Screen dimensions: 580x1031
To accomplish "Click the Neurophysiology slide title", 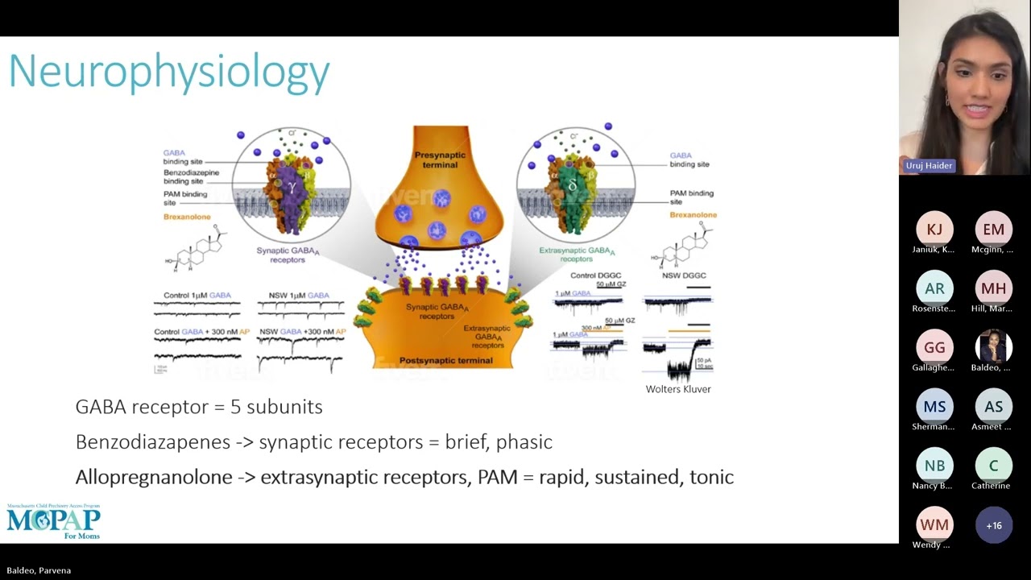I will coord(169,72).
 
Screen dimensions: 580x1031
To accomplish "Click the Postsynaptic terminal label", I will coord(445,360).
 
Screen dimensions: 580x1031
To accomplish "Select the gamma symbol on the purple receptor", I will coord(292,187).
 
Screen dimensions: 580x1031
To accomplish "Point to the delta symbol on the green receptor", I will coord(573,185).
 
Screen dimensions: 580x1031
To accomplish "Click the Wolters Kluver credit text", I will coord(677,389).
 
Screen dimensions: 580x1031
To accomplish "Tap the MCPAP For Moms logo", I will coord(54,521).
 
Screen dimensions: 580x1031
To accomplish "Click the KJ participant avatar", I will coord(934,230).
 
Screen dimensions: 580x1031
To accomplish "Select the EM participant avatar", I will coord(993,230).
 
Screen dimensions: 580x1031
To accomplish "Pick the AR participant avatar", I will coord(934,288).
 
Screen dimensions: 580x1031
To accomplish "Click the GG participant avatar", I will coord(934,347).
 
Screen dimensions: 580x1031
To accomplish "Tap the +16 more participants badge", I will coord(993,525).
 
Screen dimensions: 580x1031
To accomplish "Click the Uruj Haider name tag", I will coord(929,165).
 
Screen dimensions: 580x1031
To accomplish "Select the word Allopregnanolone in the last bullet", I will coord(154,477).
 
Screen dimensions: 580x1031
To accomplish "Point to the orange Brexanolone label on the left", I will coord(187,217).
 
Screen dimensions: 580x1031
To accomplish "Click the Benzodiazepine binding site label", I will coord(191,176).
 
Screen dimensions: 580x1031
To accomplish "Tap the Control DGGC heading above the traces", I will coord(595,275).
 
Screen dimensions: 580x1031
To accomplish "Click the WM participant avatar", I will coord(934,525).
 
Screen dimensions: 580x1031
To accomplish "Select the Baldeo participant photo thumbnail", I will coord(993,347).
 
